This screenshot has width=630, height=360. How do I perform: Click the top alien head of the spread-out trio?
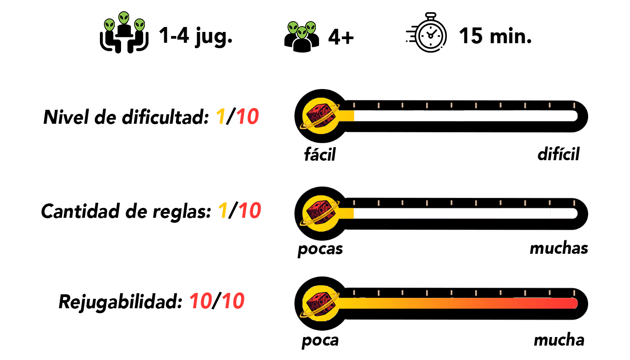coord(124,18)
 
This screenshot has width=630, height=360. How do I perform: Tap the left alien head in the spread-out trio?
coord(109,25)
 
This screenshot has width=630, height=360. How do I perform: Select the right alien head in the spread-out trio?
coord(139,25)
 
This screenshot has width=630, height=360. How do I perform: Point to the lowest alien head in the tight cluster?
coord(302,32)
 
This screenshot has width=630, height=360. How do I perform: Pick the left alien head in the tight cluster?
coord(293,27)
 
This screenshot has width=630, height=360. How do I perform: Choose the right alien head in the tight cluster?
coord(310,27)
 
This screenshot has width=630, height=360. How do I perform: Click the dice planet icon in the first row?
coord(320,116)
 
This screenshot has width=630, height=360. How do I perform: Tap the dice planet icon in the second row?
coord(320,213)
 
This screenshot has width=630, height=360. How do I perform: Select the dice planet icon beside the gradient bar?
coord(320,303)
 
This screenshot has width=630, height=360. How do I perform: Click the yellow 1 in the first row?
coord(220,117)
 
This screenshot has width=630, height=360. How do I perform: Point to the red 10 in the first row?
coord(247,117)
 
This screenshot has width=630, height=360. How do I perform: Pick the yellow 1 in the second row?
coord(223,211)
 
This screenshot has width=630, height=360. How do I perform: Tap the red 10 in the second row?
coord(250,211)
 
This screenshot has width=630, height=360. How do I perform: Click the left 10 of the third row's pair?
coord(201,301)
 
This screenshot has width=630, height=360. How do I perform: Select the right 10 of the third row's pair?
coord(233,301)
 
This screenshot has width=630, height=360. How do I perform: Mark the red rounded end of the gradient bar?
coord(573,303)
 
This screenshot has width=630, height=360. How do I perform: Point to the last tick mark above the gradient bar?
coord(574,293)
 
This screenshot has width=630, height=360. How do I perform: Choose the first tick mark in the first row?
coord(354,105)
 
